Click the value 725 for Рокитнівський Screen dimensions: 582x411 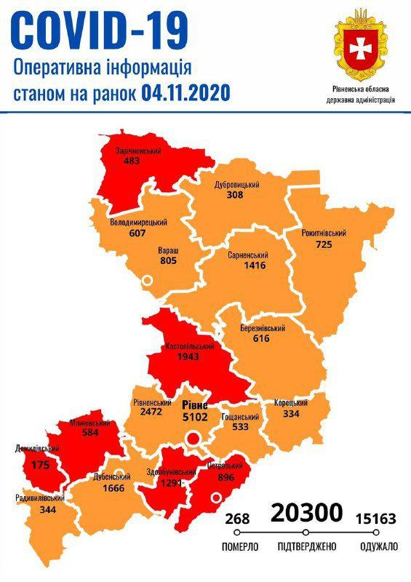(324, 244)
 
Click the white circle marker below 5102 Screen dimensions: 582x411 (193, 438)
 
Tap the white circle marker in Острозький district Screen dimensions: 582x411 (215, 498)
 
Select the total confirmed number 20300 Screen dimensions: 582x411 (306, 514)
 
